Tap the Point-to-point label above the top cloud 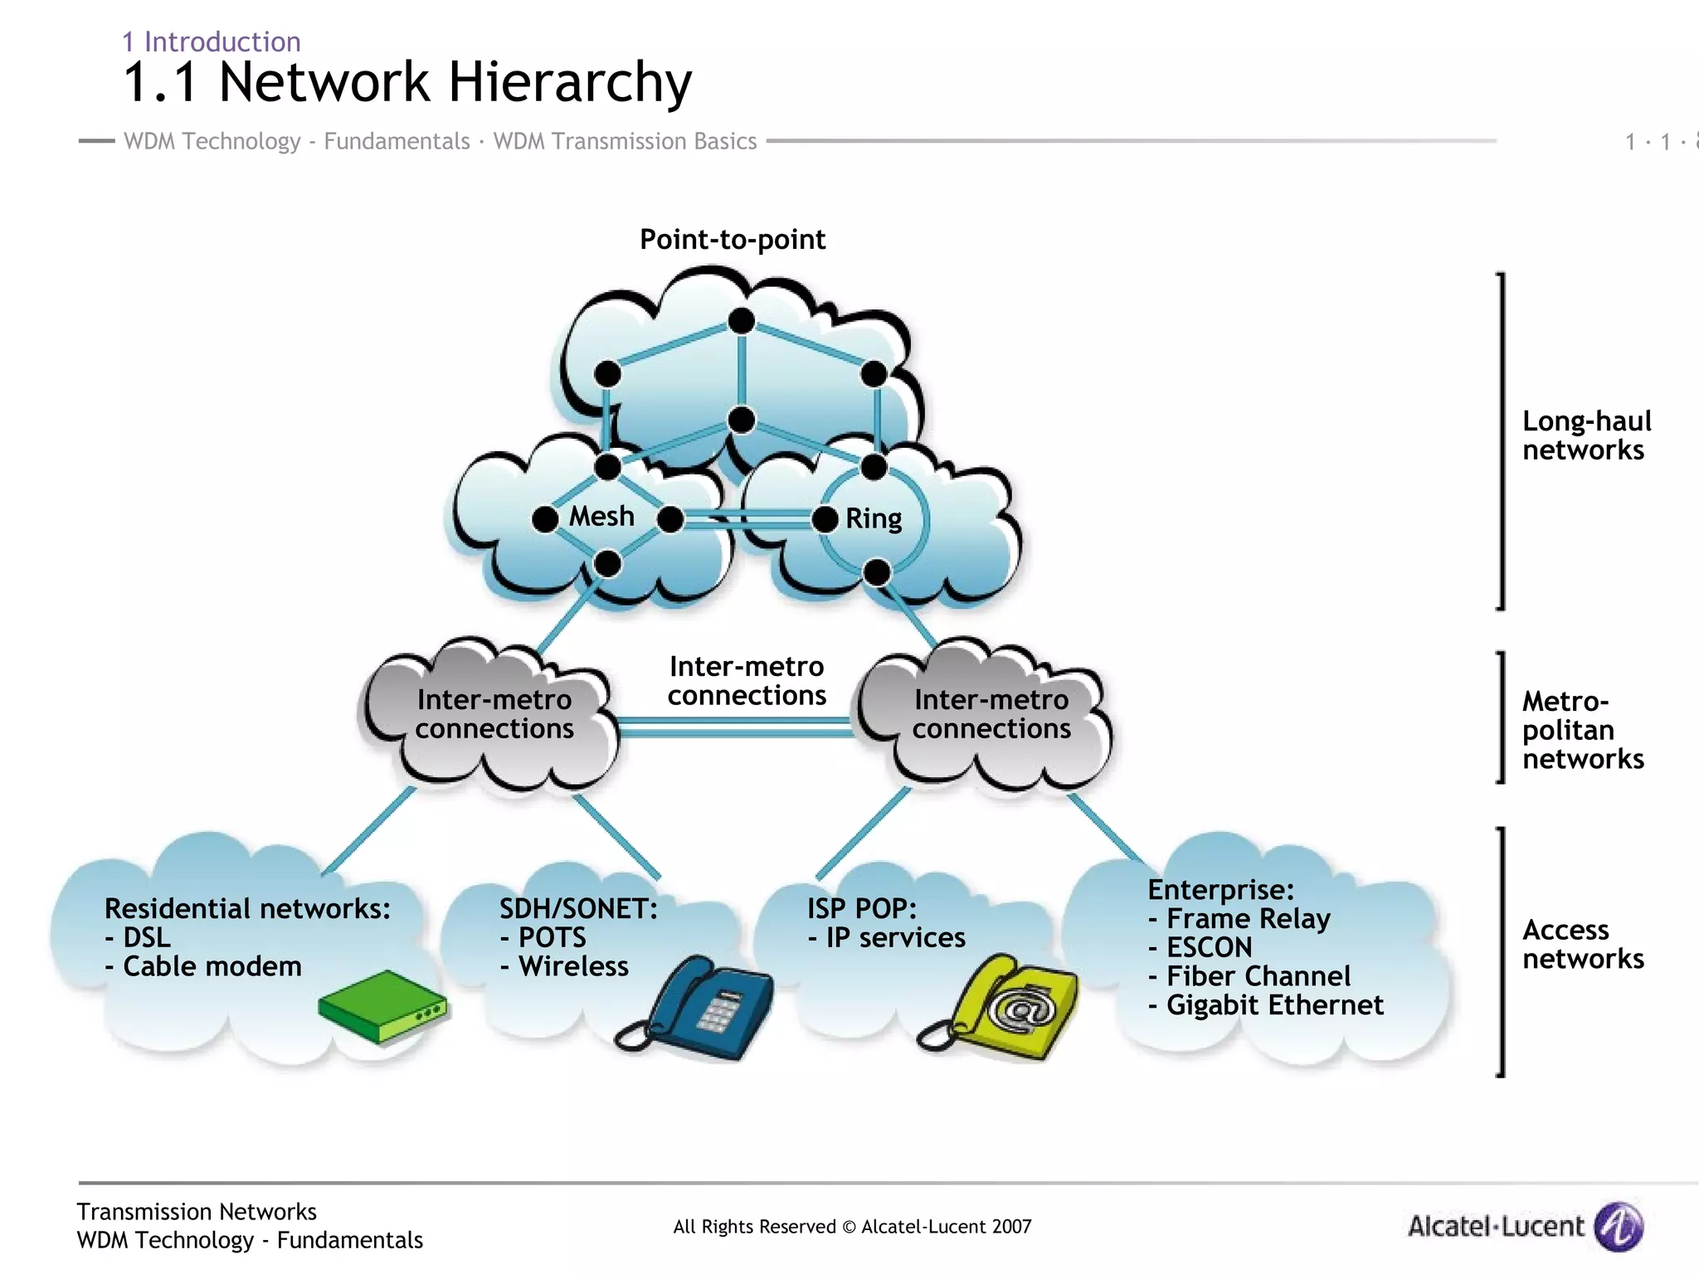732,240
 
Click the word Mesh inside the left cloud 601,517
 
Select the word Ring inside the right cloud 874,519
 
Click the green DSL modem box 382,1006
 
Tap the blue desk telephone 705,1008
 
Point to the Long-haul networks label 1585,435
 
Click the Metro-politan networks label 1581,730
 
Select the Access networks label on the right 1581,944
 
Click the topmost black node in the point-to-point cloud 741,320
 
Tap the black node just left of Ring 825,520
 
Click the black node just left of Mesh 545,520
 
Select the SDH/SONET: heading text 578,909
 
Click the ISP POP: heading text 861,909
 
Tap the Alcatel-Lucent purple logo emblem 1619,1226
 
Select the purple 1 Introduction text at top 212,41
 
